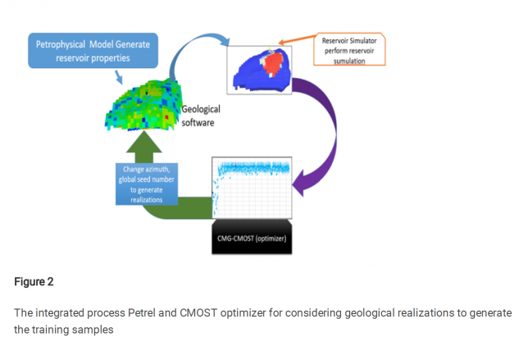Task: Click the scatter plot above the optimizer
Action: (x=254, y=185)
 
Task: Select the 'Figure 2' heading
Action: (x=34, y=282)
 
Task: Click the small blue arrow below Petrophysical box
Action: (x=121, y=77)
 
